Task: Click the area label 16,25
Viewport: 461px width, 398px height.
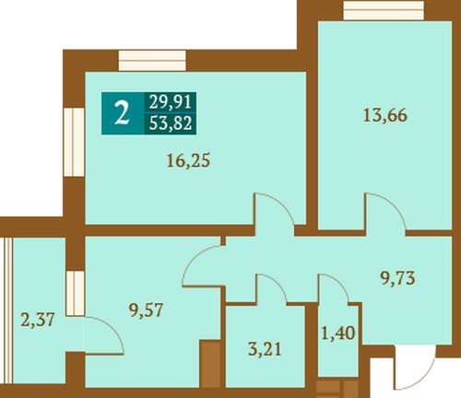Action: pos(188,161)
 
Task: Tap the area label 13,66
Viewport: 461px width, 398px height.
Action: pos(385,116)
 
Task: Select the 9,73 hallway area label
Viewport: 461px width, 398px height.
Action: pos(397,278)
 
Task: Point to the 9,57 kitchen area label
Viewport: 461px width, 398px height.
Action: pos(146,310)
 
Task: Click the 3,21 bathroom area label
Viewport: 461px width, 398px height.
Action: pos(265,349)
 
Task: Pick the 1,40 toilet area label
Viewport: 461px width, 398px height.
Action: pos(338,333)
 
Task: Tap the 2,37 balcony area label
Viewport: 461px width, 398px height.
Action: pos(38,320)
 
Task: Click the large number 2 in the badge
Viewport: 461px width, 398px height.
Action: pos(122,113)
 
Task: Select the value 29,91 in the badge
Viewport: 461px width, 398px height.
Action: pos(171,102)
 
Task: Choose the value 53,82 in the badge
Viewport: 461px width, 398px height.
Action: pos(171,123)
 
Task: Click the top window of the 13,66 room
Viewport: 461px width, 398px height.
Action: pos(384,10)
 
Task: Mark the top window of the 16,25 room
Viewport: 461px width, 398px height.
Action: pos(152,61)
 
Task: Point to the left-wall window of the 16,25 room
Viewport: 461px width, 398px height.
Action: pos(74,142)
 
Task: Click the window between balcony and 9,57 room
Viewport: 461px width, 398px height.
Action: pos(76,293)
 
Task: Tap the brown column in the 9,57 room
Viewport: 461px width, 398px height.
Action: pos(210,363)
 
